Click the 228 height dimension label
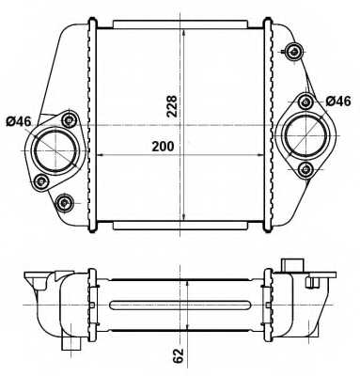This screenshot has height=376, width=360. pos(172,106)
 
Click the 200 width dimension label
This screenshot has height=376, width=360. pos(163,147)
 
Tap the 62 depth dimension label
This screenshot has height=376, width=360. pos(178,355)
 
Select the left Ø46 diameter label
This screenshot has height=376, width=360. pos(19,121)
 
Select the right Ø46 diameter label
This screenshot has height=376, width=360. pos(338,102)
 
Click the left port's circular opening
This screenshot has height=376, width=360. pos(55,150)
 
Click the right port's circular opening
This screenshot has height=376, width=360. pos(305,135)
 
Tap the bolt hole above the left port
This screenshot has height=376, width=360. pos(69,119)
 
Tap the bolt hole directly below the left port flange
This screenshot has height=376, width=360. pos(40,180)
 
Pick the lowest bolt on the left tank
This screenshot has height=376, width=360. pos(65,203)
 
